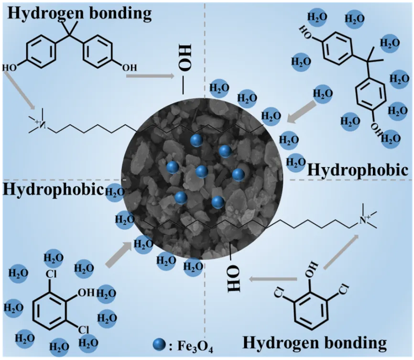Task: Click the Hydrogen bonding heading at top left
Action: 79,13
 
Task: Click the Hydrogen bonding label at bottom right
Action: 314,342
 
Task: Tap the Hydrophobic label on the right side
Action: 358,170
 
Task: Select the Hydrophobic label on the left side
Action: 53,189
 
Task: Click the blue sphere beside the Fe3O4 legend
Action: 159,345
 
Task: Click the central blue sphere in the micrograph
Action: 201,171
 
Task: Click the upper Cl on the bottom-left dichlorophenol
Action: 52,275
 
